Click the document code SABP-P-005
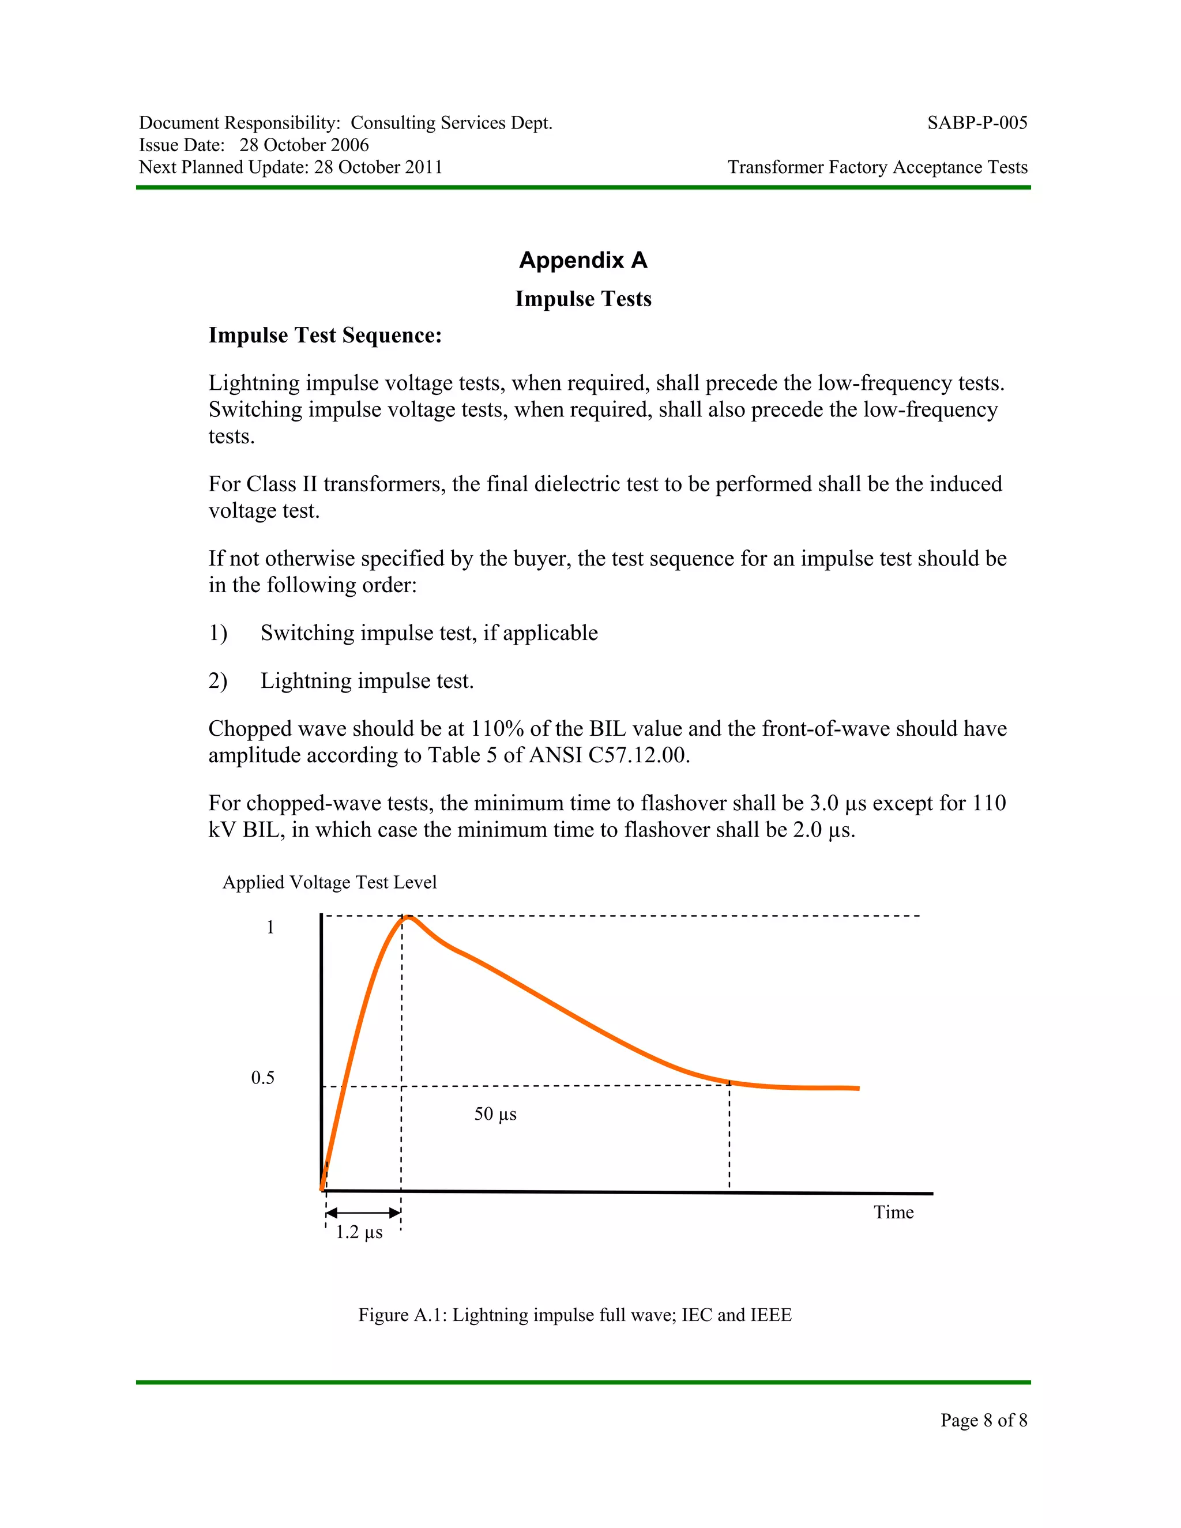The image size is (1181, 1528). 977,123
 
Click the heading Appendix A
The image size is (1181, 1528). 583,260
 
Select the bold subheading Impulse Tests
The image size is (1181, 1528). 583,299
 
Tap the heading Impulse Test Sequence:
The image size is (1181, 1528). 325,335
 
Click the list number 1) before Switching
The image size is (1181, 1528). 217,633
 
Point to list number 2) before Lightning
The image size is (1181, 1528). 217,681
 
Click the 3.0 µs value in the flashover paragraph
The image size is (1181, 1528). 837,803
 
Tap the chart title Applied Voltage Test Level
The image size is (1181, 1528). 329,882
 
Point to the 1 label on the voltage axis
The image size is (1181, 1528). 270,928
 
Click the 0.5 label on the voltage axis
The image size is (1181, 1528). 262,1078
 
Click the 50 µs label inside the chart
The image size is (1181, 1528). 495,1114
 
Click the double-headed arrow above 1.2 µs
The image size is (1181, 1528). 363,1213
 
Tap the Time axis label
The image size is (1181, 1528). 893,1213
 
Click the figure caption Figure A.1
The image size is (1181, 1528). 574,1315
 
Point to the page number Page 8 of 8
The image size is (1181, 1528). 983,1420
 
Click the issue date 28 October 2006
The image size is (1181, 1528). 304,145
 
